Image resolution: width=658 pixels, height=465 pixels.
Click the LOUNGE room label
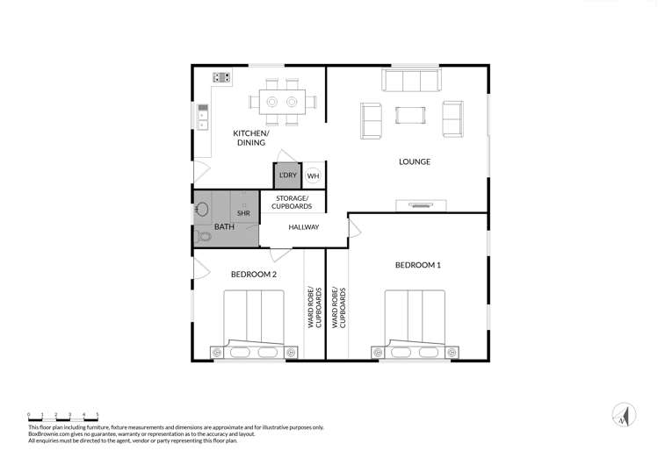[x=415, y=161]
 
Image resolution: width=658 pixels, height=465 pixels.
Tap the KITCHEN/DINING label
[x=250, y=138]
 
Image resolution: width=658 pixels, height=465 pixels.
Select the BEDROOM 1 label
[x=417, y=265]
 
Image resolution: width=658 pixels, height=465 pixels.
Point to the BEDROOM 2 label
[x=254, y=275]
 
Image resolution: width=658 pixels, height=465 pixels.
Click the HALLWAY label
[x=303, y=227]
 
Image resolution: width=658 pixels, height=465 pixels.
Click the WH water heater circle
[x=313, y=175]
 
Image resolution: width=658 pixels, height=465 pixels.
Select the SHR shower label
[x=243, y=213]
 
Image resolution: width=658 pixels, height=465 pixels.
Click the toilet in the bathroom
[x=204, y=235]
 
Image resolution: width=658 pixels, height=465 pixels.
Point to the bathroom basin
[x=202, y=211]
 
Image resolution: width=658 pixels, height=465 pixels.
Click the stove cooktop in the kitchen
[x=221, y=77]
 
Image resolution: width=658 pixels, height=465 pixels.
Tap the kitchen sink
[x=202, y=115]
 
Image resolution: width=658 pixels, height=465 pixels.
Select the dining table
[x=282, y=100]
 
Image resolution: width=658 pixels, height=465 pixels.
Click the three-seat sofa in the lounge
[x=410, y=81]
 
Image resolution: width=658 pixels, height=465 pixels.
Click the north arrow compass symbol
[x=625, y=415]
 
